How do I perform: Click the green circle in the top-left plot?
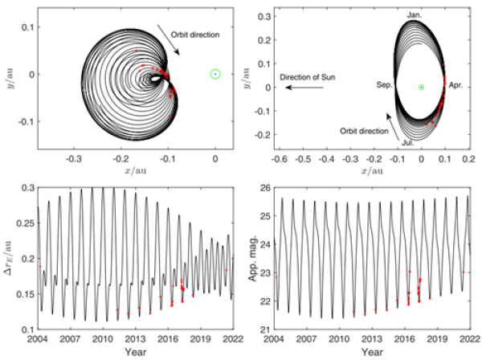pos(215,74)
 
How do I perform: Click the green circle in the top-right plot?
pos(421,87)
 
